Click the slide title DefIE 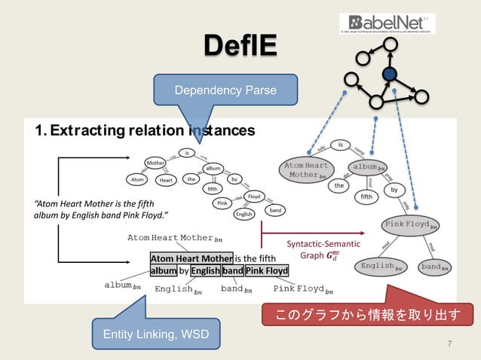pyautogui.click(x=240, y=46)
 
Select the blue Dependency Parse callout pyautogui.click(x=215, y=90)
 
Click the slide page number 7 pyautogui.click(x=450, y=344)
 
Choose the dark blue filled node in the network pyautogui.click(x=389, y=74)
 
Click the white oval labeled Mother pyautogui.click(x=156, y=163)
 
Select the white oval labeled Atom pyautogui.click(x=137, y=180)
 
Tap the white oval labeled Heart pyautogui.click(x=165, y=180)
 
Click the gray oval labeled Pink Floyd pyautogui.click(x=412, y=225)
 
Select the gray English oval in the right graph pyautogui.click(x=381, y=267)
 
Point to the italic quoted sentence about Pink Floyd pyautogui.click(x=101, y=210)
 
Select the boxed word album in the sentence pyautogui.click(x=163, y=270)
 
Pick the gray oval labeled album pyautogui.click(x=367, y=167)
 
